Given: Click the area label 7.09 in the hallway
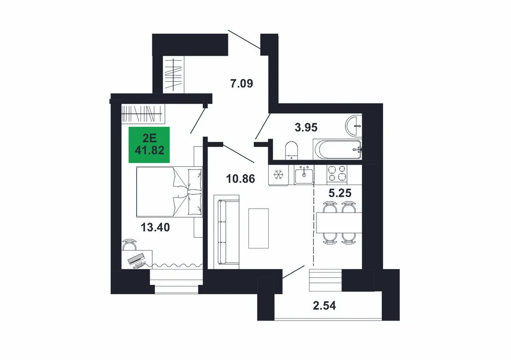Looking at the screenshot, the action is pos(242,84).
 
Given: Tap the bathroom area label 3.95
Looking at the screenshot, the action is pos(306,127).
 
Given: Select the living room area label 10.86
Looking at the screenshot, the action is pos(241,178).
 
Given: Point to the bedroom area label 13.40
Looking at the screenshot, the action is pos(155,227).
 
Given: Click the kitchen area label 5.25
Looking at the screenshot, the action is pos(340,193).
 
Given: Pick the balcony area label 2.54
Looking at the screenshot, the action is pos(324,306).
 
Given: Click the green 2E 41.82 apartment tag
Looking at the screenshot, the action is pos(149,144).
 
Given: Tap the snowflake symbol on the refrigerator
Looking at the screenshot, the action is pos(278,175).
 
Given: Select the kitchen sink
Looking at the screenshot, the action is pos(304,175).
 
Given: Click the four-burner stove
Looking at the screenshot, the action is pos(337,173).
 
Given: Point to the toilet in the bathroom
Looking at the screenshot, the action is pos(291,151).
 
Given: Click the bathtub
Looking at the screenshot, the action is pos(337,150).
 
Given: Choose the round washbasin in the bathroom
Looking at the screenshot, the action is pos(354,126).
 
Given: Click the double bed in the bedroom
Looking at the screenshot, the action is pos(169,192).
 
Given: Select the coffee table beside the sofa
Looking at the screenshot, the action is pos(259,228).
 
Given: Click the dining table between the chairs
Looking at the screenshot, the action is pos(339,223).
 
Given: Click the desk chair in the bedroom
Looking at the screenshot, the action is pos(130,244).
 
